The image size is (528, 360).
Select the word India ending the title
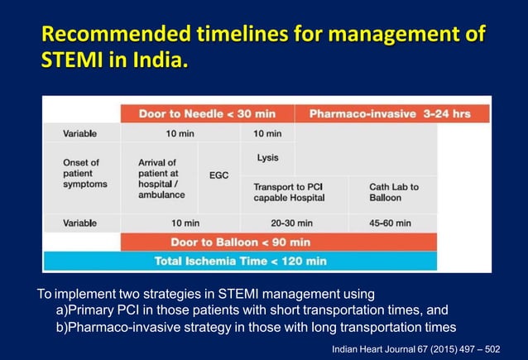(x=149, y=60)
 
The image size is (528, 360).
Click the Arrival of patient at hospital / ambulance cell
(x=161, y=179)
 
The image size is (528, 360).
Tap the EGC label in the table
(x=219, y=175)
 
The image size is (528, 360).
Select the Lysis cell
(x=267, y=157)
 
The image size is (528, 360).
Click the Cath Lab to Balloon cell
(x=394, y=192)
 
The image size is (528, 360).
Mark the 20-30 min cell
(x=294, y=223)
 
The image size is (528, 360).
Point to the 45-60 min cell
(x=391, y=223)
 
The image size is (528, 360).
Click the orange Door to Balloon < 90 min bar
(x=240, y=242)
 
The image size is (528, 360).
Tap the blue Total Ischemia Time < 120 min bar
(x=240, y=261)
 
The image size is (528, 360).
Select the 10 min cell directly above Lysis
(x=267, y=133)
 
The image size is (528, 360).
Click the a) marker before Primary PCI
(x=60, y=310)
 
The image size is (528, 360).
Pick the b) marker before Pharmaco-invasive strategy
(x=60, y=326)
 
